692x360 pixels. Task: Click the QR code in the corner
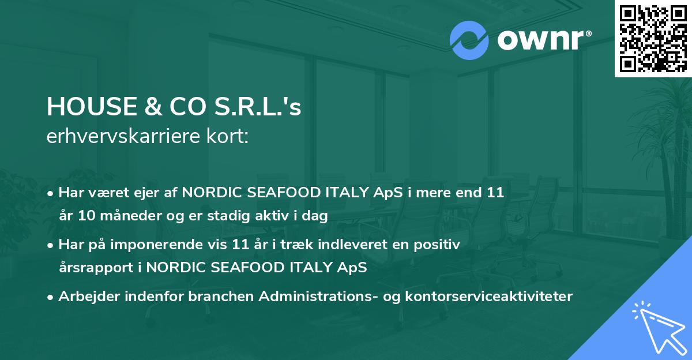[x=653, y=38]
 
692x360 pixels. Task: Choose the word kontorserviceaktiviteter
[x=499, y=297]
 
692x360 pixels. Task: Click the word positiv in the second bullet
[x=439, y=245]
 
